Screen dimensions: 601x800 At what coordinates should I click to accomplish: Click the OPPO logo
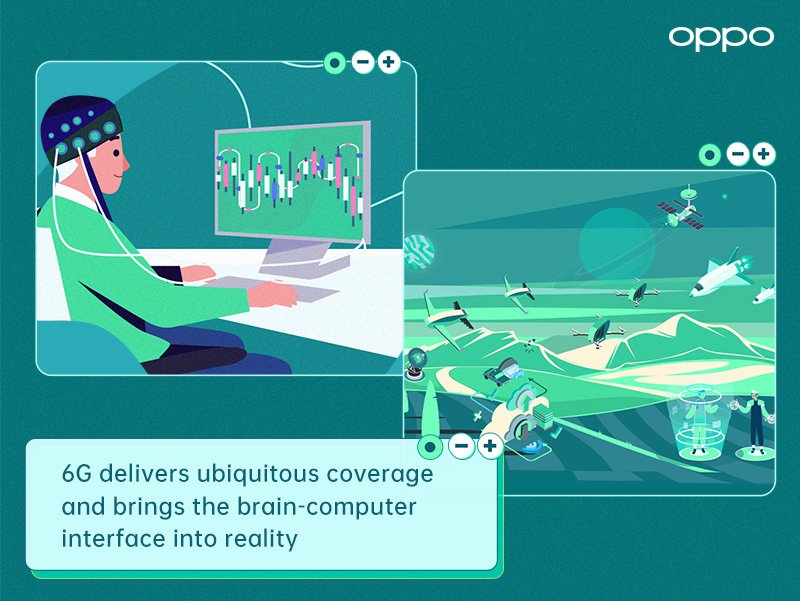click(721, 37)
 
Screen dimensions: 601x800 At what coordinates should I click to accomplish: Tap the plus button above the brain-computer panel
click(389, 63)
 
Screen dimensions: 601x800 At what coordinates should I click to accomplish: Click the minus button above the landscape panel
click(737, 154)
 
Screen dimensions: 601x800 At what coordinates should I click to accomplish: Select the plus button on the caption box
click(489, 446)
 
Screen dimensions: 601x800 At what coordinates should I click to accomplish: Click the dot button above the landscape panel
click(710, 154)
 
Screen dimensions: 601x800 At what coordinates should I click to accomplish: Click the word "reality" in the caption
click(263, 538)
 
